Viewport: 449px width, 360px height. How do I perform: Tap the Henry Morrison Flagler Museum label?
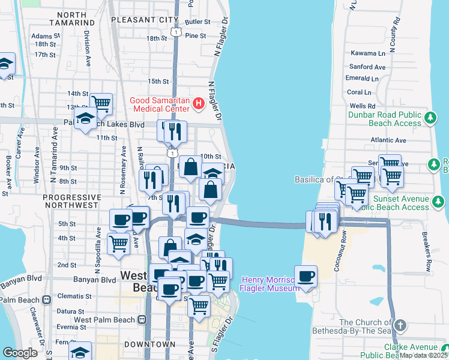(x=270, y=284)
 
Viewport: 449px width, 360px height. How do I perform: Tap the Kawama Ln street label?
(x=367, y=53)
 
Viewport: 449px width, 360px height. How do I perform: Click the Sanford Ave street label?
(x=367, y=67)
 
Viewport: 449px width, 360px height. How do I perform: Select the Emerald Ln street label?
(x=362, y=79)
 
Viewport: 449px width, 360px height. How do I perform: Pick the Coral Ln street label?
(x=359, y=92)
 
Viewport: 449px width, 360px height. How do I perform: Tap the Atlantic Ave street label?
(x=388, y=140)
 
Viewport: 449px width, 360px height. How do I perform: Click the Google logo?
(x=20, y=353)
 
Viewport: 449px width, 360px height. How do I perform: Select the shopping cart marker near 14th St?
(x=101, y=104)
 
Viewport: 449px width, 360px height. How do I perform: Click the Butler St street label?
(x=197, y=22)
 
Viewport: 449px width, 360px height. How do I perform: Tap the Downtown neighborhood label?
(x=150, y=344)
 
